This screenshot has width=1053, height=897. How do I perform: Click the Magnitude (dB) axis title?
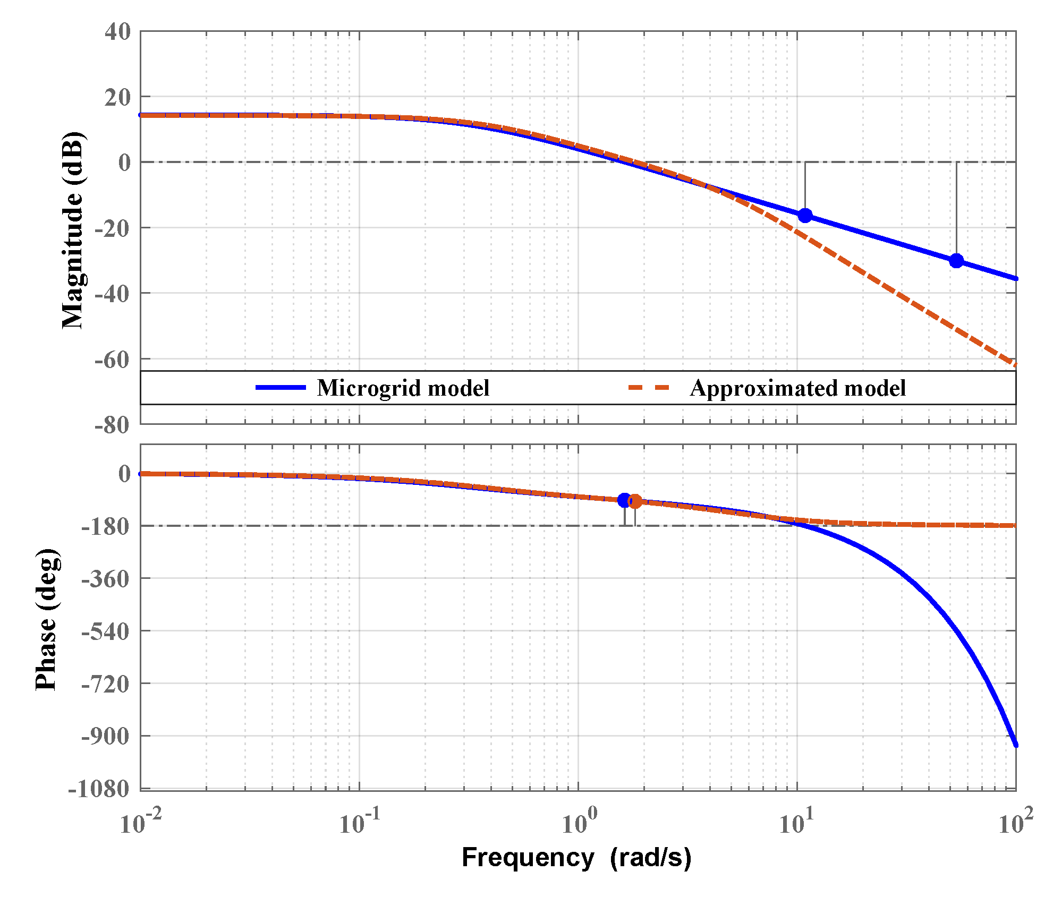[73, 229]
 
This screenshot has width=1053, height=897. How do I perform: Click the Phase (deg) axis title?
[46, 619]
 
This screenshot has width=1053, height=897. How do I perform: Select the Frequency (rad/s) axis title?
[576, 857]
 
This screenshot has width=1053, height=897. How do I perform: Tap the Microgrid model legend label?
[403, 388]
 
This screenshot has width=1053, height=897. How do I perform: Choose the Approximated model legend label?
[797, 388]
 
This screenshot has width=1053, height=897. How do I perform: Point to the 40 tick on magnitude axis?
[118, 32]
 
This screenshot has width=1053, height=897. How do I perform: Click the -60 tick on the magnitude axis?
[112, 360]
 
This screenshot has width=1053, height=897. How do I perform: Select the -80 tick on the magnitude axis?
[112, 425]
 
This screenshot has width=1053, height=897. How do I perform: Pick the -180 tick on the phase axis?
[106, 526]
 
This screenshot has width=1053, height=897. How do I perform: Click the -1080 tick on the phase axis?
[99, 789]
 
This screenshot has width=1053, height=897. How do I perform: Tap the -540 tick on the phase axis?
[106, 631]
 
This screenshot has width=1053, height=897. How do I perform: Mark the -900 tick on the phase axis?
[106, 736]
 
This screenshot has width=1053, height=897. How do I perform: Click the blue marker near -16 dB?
[805, 216]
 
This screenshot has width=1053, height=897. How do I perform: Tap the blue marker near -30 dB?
[956, 261]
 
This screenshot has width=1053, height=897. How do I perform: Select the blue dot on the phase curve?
[624, 500]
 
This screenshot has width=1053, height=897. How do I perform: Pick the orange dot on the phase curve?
[635, 501]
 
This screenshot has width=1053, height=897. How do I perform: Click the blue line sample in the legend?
[281, 388]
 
